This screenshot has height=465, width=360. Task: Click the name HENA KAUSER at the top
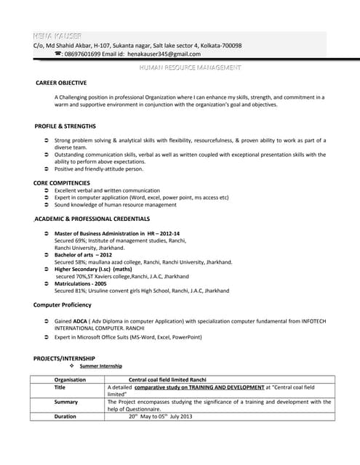57,36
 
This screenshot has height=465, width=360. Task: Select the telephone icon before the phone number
57,54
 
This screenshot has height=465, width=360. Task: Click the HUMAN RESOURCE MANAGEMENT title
189,68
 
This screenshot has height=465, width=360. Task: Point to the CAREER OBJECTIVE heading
61,83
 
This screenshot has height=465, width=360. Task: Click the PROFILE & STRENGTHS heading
65,126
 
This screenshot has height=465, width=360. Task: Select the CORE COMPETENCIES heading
62,182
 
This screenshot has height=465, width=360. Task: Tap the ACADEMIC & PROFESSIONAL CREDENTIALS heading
92,218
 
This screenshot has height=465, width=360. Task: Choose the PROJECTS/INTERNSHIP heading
64,358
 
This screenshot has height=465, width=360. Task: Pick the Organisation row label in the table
70,379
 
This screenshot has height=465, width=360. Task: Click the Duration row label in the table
65,416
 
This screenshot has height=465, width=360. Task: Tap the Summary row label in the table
65,402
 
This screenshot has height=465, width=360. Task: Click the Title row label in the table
60,387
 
